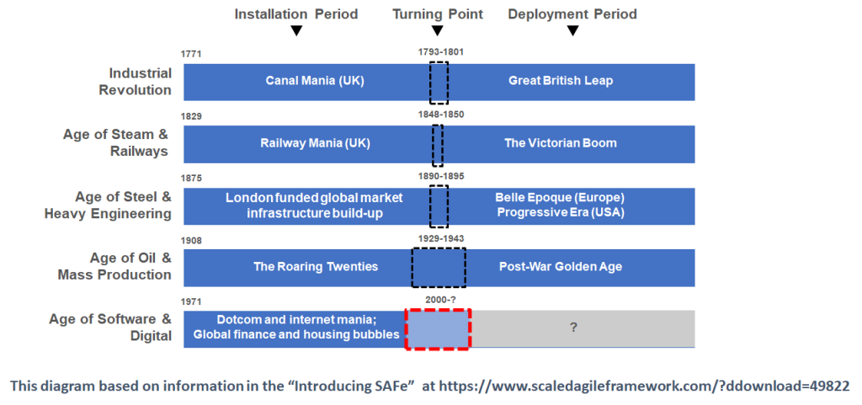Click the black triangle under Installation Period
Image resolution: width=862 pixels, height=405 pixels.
click(x=296, y=31)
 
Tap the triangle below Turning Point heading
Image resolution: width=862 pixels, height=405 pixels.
click(x=438, y=31)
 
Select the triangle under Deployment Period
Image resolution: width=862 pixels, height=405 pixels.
click(x=572, y=31)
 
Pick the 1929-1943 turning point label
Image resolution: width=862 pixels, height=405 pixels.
click(x=439, y=239)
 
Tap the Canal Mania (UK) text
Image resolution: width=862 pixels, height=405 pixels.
click(x=315, y=81)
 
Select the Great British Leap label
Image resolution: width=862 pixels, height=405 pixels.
click(x=560, y=81)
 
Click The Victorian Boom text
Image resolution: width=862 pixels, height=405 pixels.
click(x=561, y=143)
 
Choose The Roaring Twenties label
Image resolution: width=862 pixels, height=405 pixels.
click(x=316, y=267)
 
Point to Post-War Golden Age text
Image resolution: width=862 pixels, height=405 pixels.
click(x=560, y=267)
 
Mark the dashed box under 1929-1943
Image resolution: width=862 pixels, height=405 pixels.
click(x=412, y=268)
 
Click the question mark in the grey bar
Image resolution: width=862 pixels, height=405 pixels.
click(x=573, y=328)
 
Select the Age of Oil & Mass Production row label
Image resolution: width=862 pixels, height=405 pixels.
click(x=114, y=266)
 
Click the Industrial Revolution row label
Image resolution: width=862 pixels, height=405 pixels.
click(x=136, y=82)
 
